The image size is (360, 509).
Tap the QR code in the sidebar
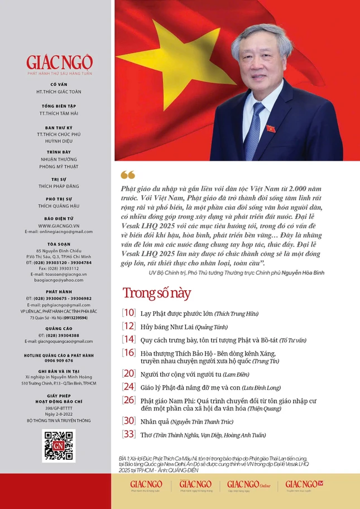point(59,446)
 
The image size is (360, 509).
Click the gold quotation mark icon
point(128,175)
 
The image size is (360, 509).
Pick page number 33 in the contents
point(129,435)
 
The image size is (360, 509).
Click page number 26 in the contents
point(129,400)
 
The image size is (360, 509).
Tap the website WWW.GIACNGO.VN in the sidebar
point(59,225)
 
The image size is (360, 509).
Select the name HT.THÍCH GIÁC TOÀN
point(59,91)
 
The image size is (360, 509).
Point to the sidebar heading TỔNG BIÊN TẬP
point(59,105)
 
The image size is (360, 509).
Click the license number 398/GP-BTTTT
point(59,409)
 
